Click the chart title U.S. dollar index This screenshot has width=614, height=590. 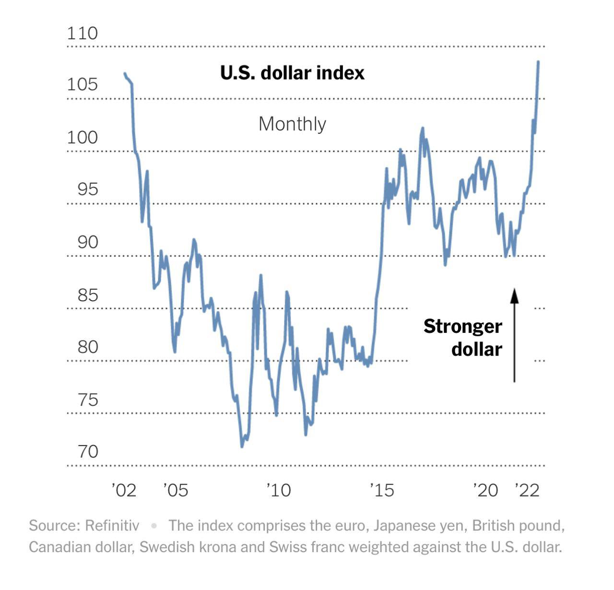(x=292, y=73)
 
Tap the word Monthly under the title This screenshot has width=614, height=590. (x=292, y=124)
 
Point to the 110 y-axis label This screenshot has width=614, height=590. (x=82, y=34)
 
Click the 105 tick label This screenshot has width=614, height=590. (x=82, y=84)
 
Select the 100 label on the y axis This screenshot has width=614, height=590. (x=82, y=138)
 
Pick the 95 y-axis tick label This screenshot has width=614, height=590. (x=87, y=189)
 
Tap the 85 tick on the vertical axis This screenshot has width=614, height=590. (x=87, y=295)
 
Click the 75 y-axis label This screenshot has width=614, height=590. (x=87, y=400)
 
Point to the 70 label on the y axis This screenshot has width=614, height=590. (x=87, y=451)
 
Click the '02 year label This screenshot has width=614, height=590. (x=124, y=490)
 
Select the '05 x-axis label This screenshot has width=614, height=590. (x=176, y=490)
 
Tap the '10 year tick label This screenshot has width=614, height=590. (x=279, y=490)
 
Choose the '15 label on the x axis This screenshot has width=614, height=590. (x=382, y=490)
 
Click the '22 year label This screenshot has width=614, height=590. (x=527, y=490)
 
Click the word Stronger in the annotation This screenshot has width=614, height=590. (x=462, y=326)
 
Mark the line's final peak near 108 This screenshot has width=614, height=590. (x=538, y=62)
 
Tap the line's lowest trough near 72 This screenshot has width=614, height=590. (x=242, y=447)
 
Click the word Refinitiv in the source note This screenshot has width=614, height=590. (x=112, y=526)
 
